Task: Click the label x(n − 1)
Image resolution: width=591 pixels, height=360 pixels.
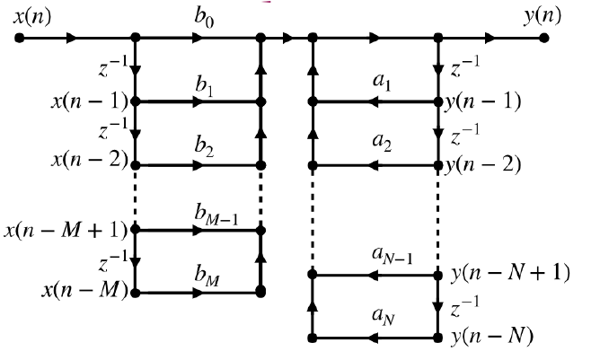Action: coord(89,101)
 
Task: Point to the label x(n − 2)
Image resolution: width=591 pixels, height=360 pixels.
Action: coord(89,165)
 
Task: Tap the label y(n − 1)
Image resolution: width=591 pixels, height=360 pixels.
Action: coord(483,101)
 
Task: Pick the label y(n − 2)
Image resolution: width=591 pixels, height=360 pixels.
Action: coord(483,165)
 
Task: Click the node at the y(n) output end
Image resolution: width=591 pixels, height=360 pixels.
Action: coord(544,39)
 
